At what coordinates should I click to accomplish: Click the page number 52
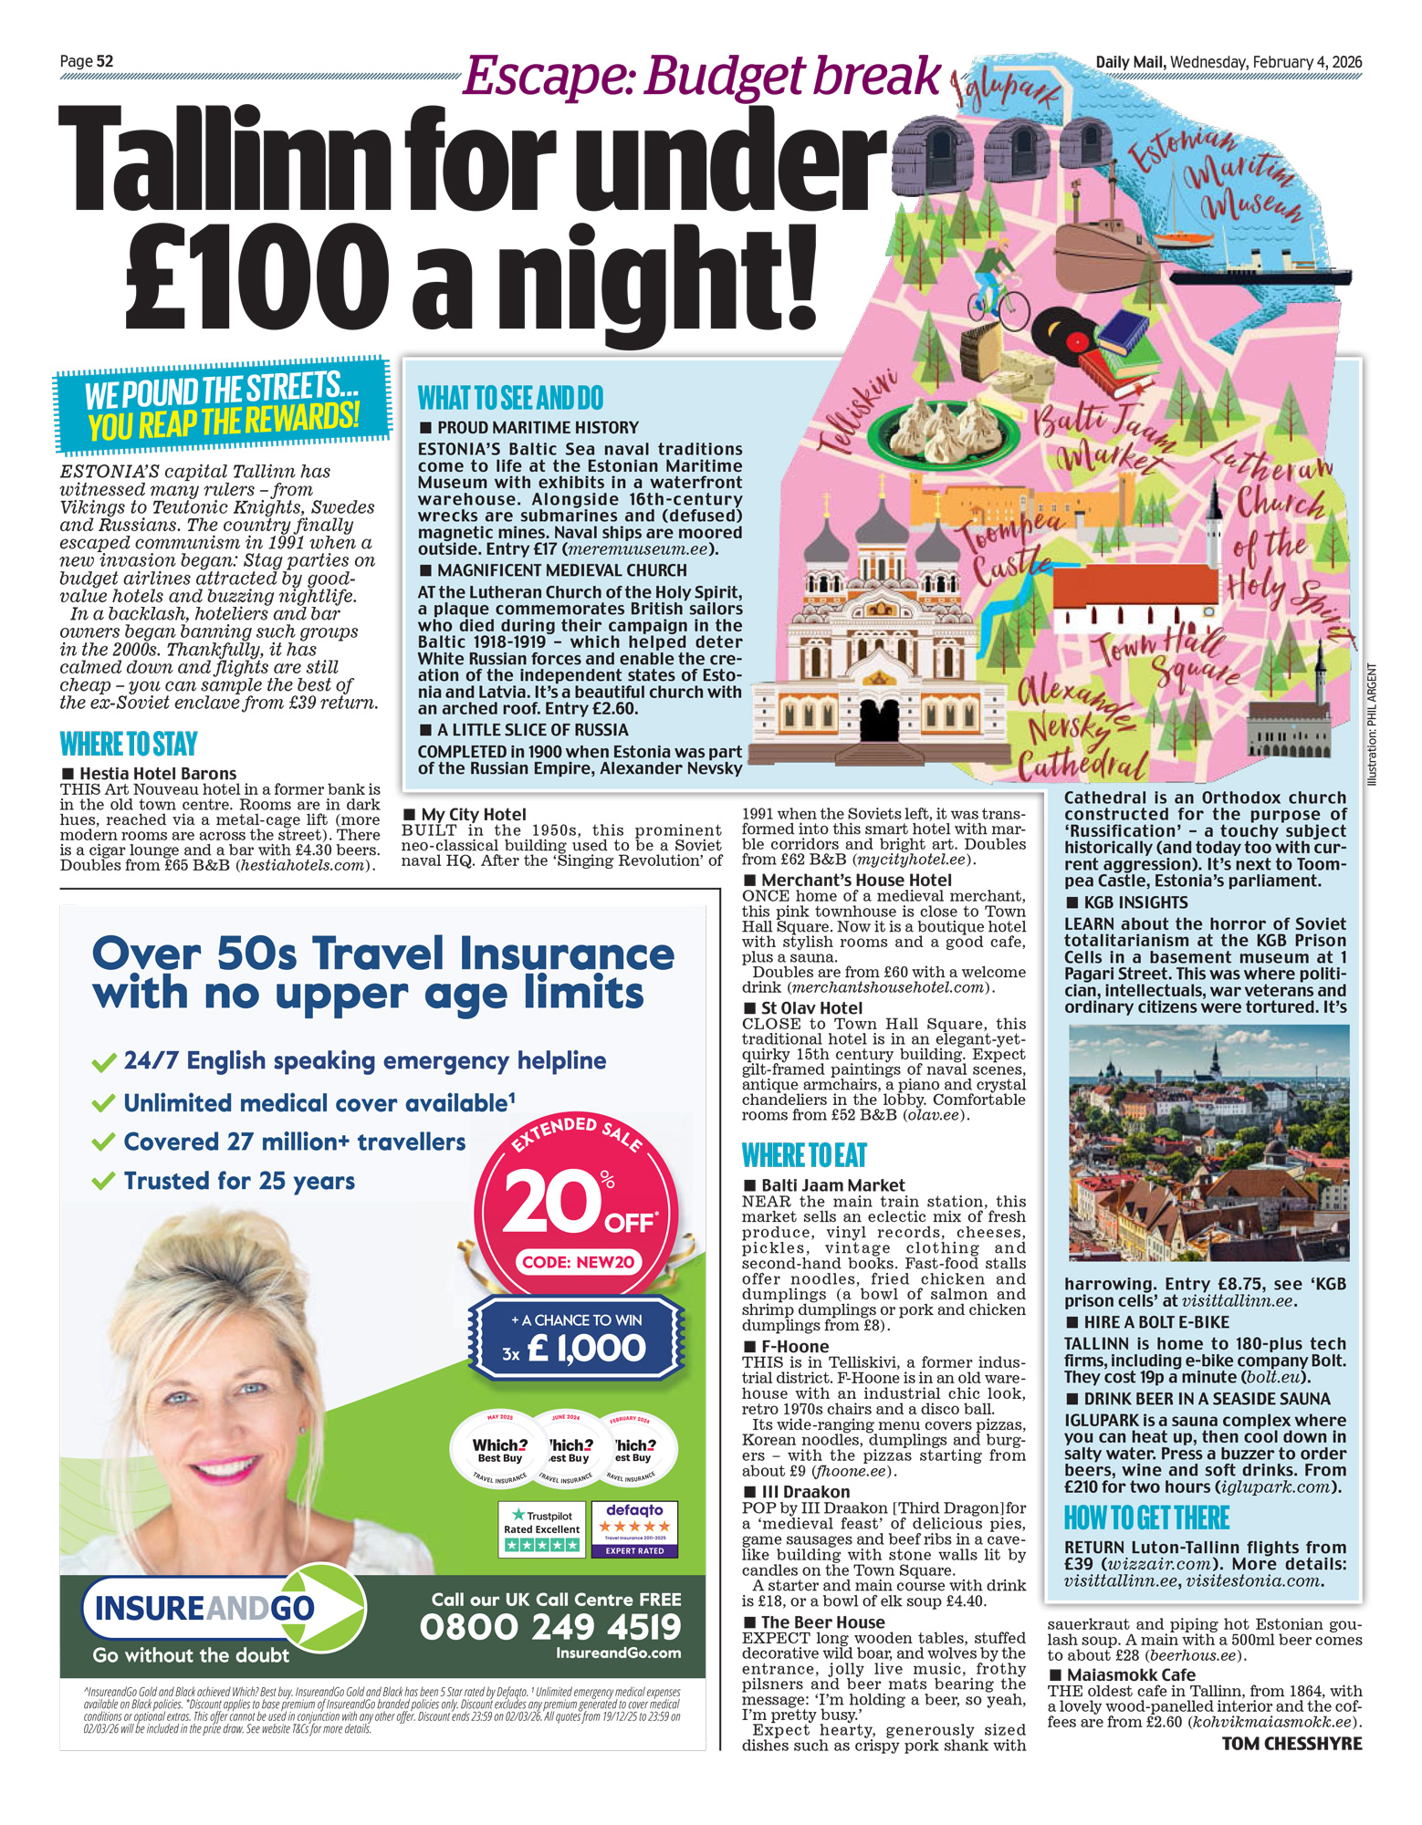(x=105, y=61)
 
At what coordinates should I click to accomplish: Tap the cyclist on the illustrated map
(x=998, y=282)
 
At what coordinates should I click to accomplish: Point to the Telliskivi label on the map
(x=858, y=412)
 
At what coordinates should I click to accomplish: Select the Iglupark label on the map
(x=1004, y=88)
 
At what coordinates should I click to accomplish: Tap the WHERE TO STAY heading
(x=129, y=745)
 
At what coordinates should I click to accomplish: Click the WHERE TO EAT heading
(x=804, y=1156)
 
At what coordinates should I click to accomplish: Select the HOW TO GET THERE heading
(x=1146, y=1518)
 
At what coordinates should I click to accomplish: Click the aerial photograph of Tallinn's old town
(x=1208, y=1142)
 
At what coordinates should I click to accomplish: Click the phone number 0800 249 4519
(x=550, y=1627)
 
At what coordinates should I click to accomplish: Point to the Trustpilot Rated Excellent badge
(x=542, y=1528)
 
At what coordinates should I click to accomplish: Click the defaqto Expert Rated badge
(x=634, y=1528)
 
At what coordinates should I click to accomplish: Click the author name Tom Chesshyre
(x=1291, y=1744)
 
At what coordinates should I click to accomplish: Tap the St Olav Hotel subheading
(x=811, y=1007)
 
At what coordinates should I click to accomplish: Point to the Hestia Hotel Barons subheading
(x=158, y=773)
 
